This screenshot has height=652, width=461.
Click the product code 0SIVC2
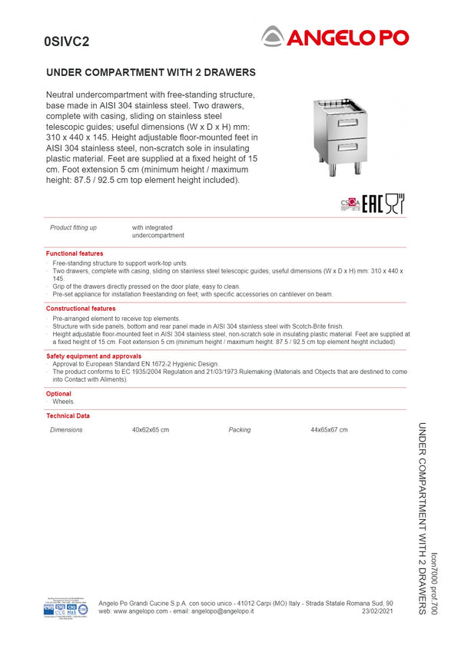click(67, 42)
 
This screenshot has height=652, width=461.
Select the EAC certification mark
click(372, 204)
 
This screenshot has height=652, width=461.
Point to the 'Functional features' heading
click(75, 253)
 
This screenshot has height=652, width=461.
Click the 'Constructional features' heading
click(81, 309)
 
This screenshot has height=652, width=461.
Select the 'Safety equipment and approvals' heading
click(94, 356)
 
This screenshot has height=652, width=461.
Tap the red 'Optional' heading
click(58, 394)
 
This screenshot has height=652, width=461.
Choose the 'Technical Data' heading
click(68, 415)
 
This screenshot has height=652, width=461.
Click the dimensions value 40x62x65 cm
click(151, 430)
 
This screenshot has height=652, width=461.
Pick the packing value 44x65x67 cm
click(329, 430)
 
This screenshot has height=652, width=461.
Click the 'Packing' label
click(240, 430)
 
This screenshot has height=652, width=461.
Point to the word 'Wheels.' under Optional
click(64, 402)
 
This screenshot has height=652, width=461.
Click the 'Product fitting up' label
click(73, 228)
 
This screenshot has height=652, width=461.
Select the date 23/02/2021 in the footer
click(377, 611)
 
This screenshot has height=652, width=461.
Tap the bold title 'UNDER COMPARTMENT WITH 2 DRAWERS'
click(151, 73)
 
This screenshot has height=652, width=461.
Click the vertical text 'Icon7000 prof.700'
click(435, 583)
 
